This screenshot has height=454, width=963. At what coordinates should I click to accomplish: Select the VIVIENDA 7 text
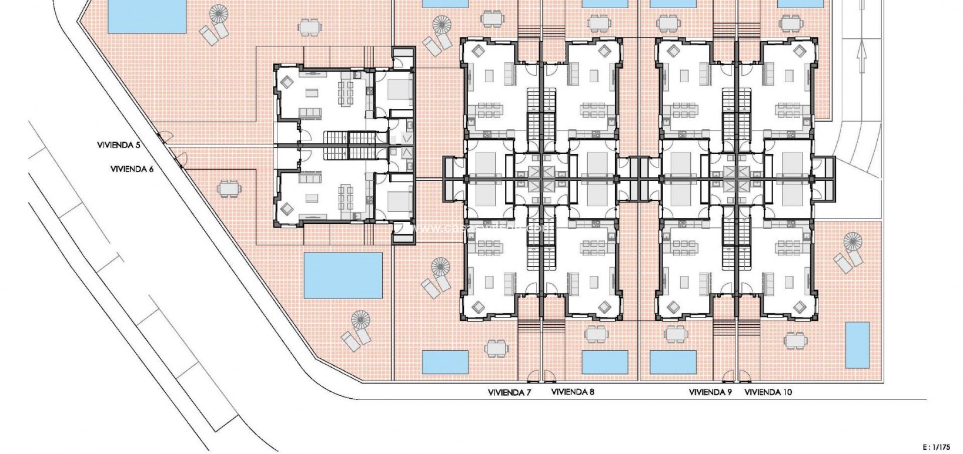click(x=510, y=392)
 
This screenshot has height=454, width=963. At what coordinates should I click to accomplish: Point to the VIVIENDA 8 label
click(x=573, y=392)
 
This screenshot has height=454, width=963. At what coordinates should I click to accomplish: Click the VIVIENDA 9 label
click(x=710, y=392)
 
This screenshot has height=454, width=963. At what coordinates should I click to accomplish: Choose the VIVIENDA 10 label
click(x=768, y=392)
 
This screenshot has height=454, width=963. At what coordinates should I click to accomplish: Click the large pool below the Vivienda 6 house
click(x=343, y=275)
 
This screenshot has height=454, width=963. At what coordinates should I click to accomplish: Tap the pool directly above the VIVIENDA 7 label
click(x=445, y=362)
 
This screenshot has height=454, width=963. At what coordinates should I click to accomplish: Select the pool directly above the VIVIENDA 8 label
click(x=604, y=362)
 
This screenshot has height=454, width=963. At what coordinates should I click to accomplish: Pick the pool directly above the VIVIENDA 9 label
click(x=674, y=362)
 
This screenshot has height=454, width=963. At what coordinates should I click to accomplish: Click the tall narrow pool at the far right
click(x=857, y=343)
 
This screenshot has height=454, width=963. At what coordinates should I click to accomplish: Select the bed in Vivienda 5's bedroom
click(x=396, y=90)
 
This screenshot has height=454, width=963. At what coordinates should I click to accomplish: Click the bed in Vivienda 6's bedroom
click(x=396, y=200)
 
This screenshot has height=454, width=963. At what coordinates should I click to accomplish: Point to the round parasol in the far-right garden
click(x=852, y=241)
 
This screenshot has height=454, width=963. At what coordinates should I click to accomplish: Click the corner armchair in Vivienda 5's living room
click(x=287, y=82)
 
